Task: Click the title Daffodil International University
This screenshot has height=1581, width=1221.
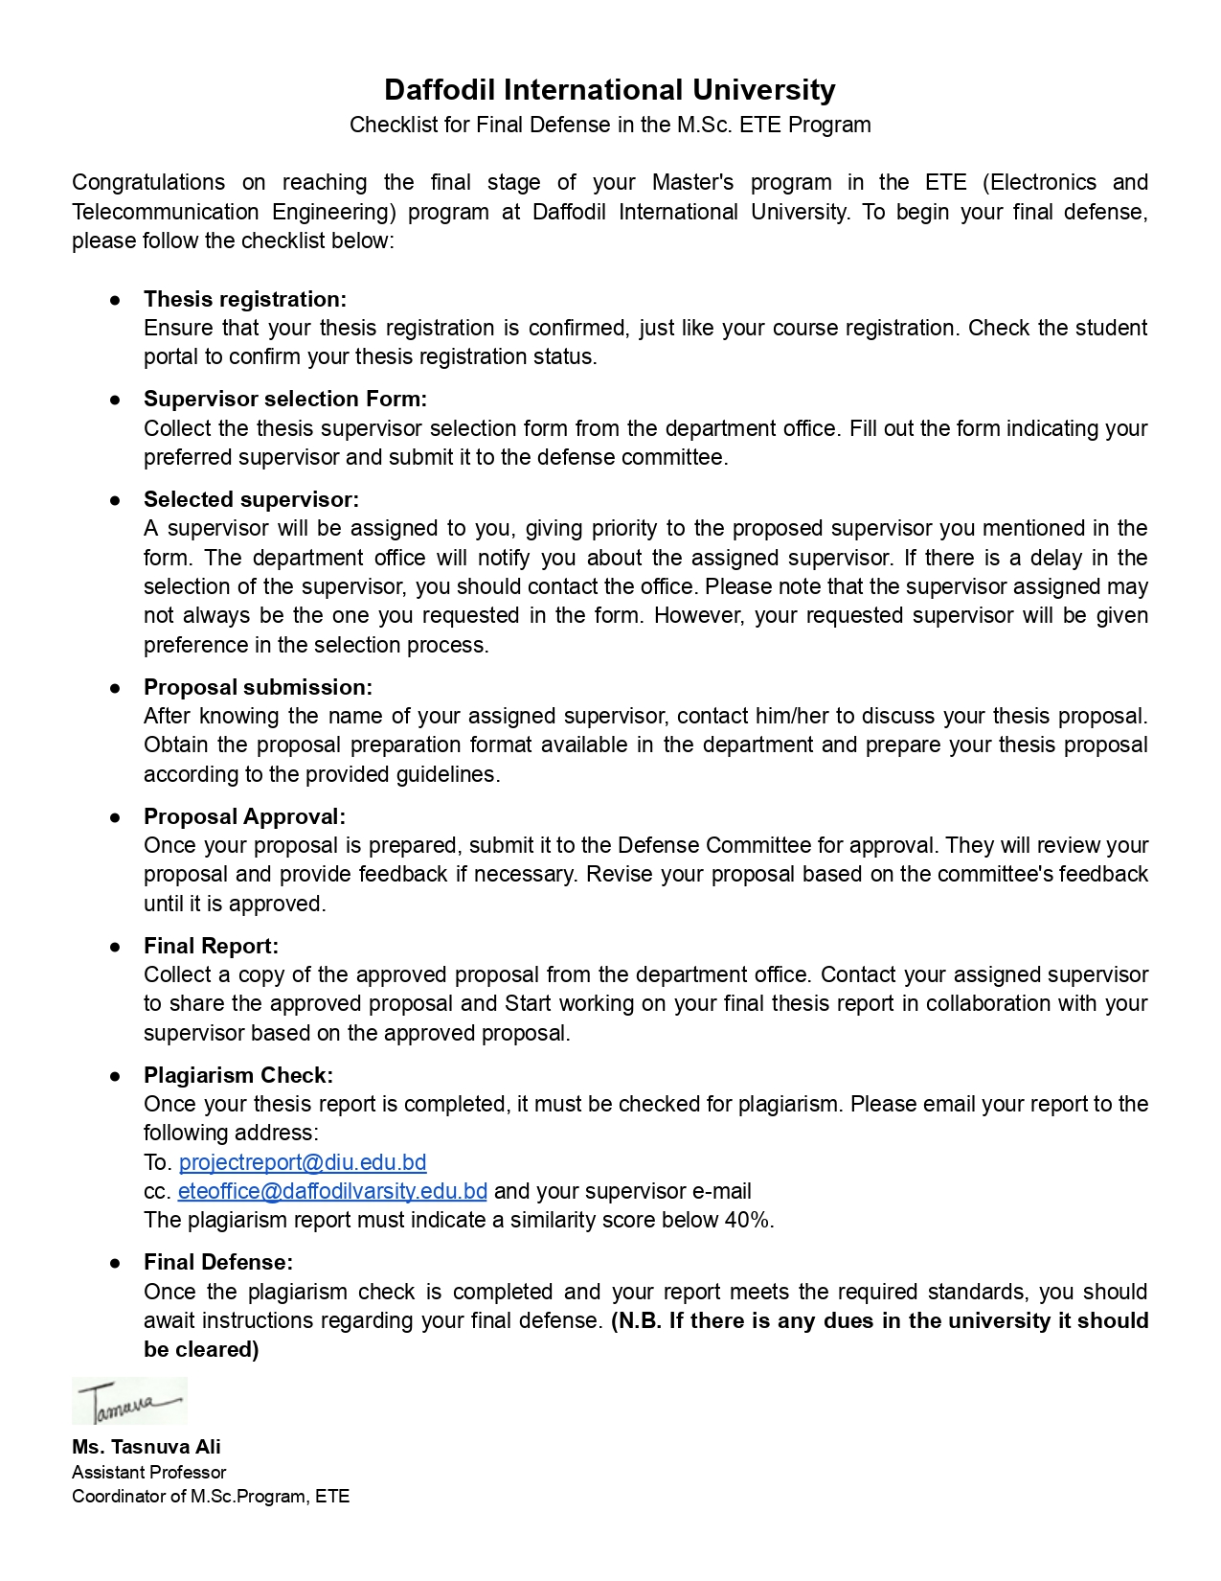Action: [610, 90]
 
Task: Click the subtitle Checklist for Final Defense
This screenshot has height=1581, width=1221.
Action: [610, 125]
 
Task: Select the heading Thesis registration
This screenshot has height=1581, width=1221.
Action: [245, 299]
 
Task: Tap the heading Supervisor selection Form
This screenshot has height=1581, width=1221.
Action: [285, 399]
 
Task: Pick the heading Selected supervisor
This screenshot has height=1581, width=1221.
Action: [251, 499]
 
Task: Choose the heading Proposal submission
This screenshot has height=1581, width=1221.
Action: [258, 687]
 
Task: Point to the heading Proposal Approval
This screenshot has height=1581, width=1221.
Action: [244, 816]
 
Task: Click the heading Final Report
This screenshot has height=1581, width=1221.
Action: [211, 946]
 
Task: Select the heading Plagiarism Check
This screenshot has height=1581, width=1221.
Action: [238, 1075]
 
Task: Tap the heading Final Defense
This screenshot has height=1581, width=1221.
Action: [218, 1262]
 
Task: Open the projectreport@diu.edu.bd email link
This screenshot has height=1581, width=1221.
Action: [303, 1162]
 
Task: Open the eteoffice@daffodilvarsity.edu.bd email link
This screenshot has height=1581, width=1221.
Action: [332, 1191]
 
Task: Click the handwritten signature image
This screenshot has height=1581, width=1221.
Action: [129, 1401]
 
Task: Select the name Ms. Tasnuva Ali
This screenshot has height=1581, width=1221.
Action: [147, 1447]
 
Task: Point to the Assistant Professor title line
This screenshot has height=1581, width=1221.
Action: [149, 1472]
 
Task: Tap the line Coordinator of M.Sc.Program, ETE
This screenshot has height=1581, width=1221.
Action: [211, 1496]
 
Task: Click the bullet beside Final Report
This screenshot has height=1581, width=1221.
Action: [115, 947]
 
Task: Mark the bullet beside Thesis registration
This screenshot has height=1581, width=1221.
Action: [115, 300]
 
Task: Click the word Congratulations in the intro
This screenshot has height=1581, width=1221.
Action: [148, 182]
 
